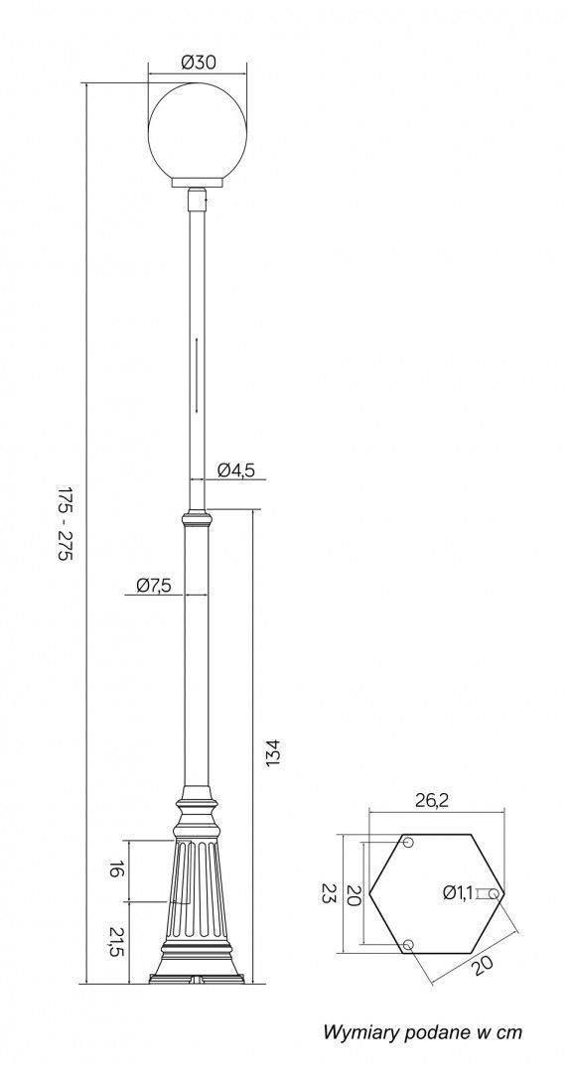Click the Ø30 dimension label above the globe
click(x=199, y=63)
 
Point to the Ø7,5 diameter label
click(x=153, y=585)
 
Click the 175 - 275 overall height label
click(x=64, y=524)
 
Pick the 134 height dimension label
click(x=272, y=752)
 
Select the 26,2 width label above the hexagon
click(x=433, y=801)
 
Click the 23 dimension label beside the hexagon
click(x=329, y=893)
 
